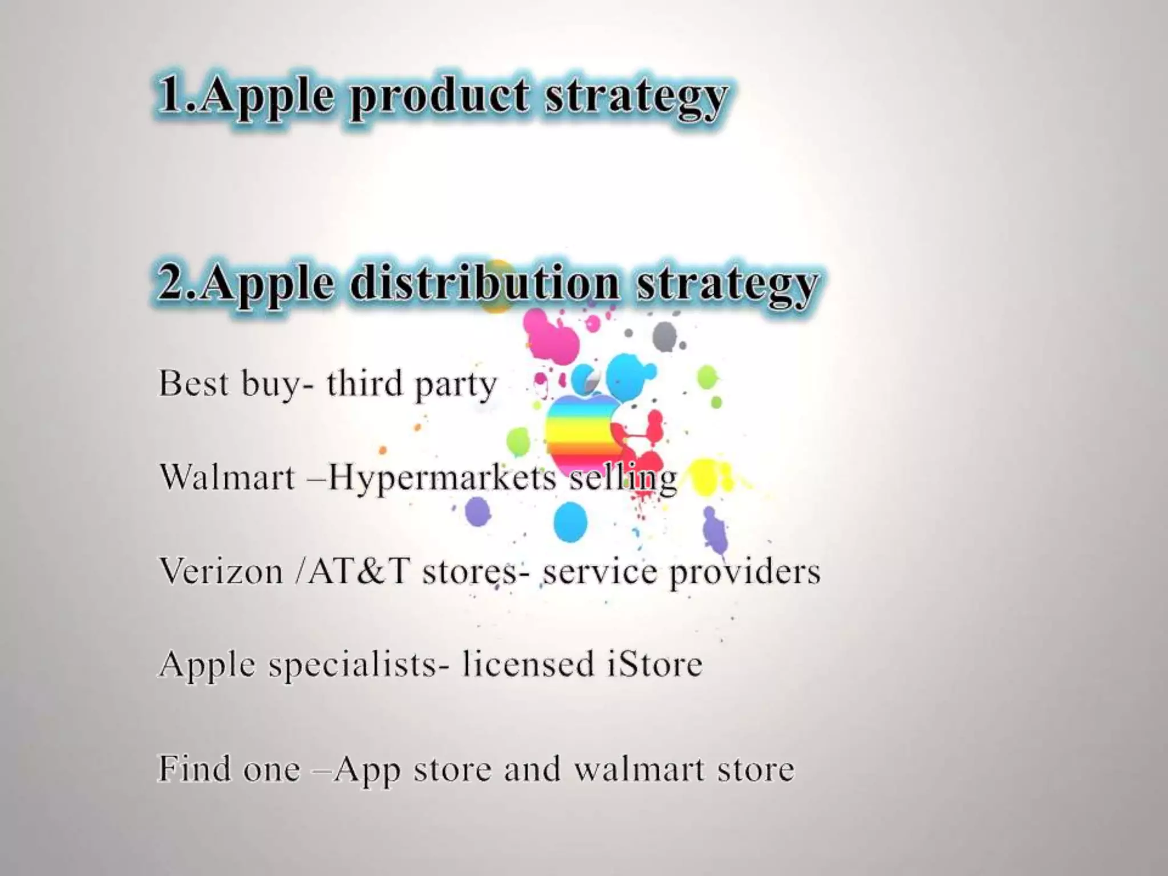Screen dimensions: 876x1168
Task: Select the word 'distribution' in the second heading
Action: (x=484, y=283)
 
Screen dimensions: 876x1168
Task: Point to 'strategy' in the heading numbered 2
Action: (x=727, y=285)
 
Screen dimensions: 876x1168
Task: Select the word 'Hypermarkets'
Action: (x=442, y=478)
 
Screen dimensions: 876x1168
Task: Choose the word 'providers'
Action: (x=745, y=572)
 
